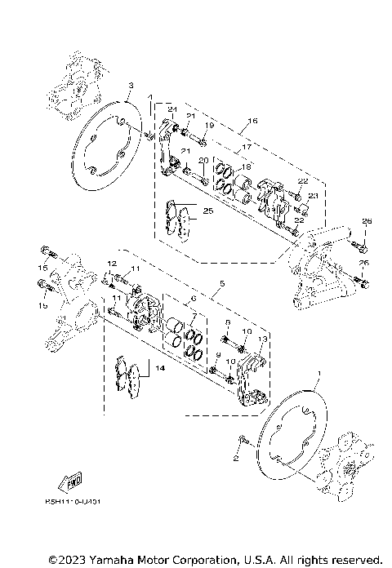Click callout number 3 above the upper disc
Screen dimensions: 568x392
click(131, 85)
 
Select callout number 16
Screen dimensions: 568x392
click(252, 121)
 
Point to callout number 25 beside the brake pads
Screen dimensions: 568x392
click(208, 211)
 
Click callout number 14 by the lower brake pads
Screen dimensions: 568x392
click(158, 369)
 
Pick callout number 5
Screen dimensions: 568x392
click(221, 285)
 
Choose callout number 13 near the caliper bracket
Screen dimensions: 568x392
click(263, 339)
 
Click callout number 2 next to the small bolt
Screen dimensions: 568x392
click(235, 459)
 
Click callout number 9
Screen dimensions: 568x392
click(219, 354)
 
